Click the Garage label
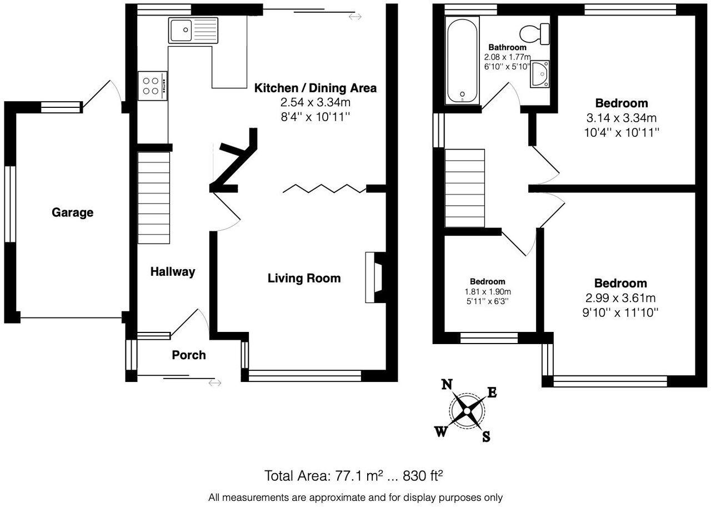(x=72, y=212)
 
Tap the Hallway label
(x=173, y=272)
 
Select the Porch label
(x=188, y=355)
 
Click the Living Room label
(x=304, y=278)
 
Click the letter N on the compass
(x=447, y=384)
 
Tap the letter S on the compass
(x=485, y=437)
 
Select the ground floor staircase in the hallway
(x=153, y=198)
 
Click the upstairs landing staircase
(x=465, y=188)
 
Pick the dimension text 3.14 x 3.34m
(x=621, y=118)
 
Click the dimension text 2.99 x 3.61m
(x=620, y=298)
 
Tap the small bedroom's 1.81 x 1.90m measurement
(x=487, y=292)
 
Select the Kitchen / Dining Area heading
(x=315, y=88)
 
